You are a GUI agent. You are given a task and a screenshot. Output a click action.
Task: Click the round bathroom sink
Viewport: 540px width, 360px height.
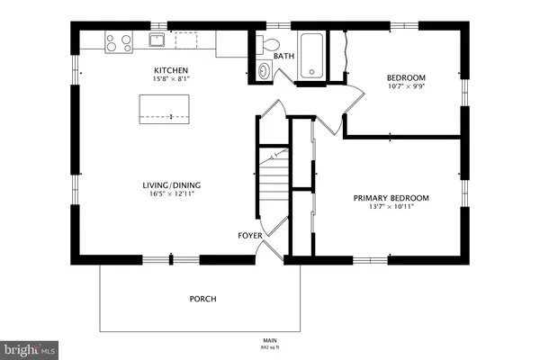pyautogui.click(x=264, y=71)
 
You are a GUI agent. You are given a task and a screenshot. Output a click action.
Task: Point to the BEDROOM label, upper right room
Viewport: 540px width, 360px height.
pyautogui.click(x=406, y=77)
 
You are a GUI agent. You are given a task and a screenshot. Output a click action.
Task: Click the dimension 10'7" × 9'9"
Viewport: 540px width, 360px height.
pyautogui.click(x=406, y=87)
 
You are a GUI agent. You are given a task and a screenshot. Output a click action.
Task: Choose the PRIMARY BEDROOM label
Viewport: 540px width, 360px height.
pyautogui.click(x=390, y=198)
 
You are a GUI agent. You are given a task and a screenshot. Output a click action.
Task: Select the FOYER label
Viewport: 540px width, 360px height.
pyautogui.click(x=249, y=236)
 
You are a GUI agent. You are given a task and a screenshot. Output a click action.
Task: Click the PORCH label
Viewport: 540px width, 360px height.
pyautogui.click(x=202, y=299)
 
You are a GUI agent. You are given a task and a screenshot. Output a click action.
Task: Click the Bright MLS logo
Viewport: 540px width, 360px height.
pyautogui.click(x=29, y=347)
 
